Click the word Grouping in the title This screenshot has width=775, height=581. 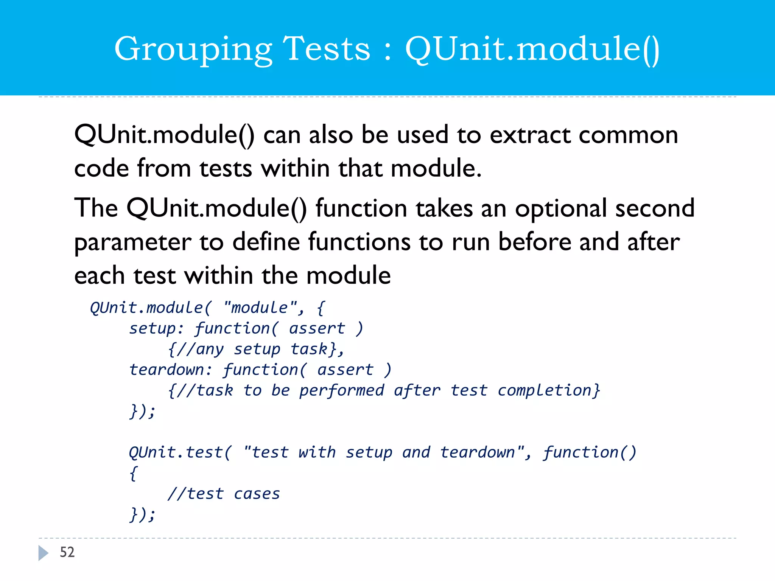pyautogui.click(x=193, y=49)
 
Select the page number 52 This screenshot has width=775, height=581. pyautogui.click(x=67, y=552)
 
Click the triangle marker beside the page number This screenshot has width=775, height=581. pyautogui.click(x=43, y=553)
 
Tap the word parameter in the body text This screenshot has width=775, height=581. pyautogui.click(x=132, y=242)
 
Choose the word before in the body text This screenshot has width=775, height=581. pyautogui.click(x=534, y=242)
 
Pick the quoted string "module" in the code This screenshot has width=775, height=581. pyautogui.click(x=260, y=308)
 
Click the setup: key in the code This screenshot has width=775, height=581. pyautogui.click(x=156, y=328)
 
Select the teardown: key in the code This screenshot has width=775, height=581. pyautogui.click(x=171, y=370)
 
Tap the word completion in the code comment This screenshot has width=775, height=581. pyautogui.click(x=548, y=390)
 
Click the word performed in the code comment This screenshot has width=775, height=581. pyautogui.click(x=342, y=390)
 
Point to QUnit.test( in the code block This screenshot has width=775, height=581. pyautogui.click(x=180, y=452)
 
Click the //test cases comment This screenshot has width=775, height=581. pyautogui.click(x=224, y=494)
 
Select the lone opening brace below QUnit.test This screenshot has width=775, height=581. pyautogui.click(x=133, y=474)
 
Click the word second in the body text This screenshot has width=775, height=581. pyautogui.click(x=655, y=208)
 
